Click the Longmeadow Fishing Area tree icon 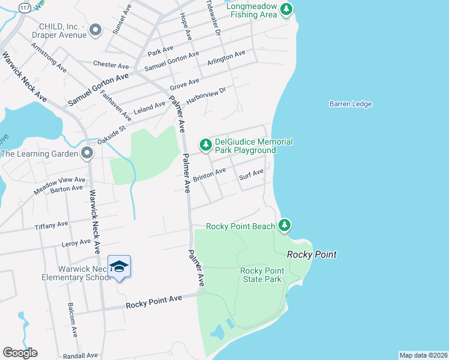click(x=287, y=9)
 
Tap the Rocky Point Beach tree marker click(x=285, y=226)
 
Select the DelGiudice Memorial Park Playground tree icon click(x=206, y=145)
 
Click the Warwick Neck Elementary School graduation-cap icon click(x=119, y=266)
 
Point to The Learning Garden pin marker click(x=87, y=154)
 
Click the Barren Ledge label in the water click(x=351, y=104)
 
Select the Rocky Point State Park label click(x=261, y=275)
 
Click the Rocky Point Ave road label click(x=154, y=302)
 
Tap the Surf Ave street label click(x=251, y=175)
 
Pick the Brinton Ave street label click(x=209, y=175)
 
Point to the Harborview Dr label click(x=205, y=96)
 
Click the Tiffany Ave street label click(x=52, y=225)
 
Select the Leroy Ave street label click(x=76, y=243)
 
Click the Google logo click(x=20, y=353)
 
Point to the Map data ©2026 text click(x=423, y=355)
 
